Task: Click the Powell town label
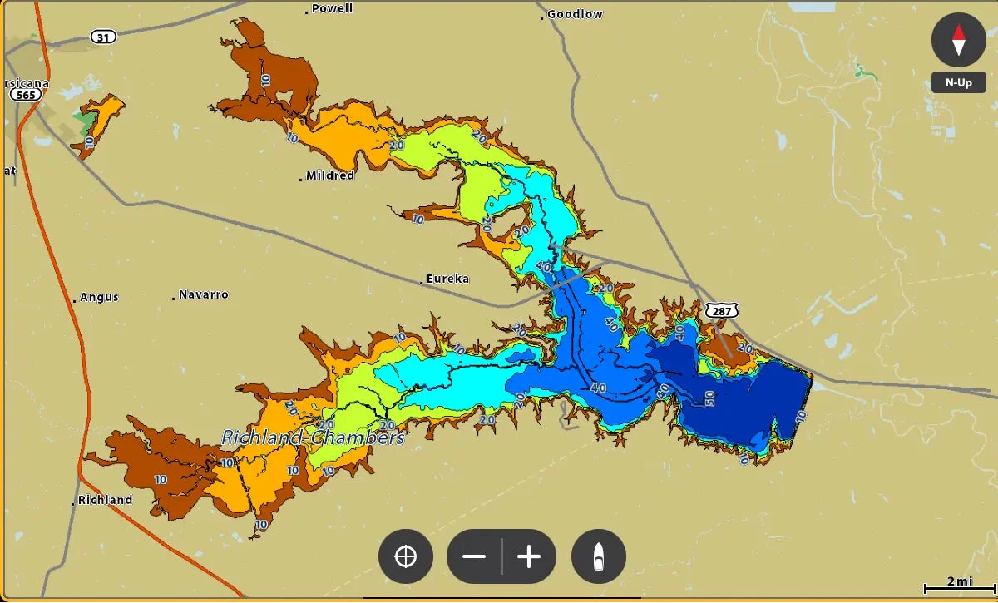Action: [x=332, y=8]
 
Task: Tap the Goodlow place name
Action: [x=574, y=14]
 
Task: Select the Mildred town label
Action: [x=329, y=175]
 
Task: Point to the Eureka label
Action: [x=447, y=279]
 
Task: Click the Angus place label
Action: [x=99, y=297]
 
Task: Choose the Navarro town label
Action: [x=203, y=294]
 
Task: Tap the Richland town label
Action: [x=104, y=500]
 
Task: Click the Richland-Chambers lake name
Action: [x=313, y=437]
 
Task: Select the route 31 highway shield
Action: [x=103, y=37]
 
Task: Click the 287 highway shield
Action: [x=720, y=310]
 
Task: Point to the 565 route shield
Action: [x=25, y=96]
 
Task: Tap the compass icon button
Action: [x=958, y=40]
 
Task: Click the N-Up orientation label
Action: [x=958, y=82]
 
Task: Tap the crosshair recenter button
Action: [x=406, y=556]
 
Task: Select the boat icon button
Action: [x=598, y=556]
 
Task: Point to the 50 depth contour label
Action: [x=709, y=398]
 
